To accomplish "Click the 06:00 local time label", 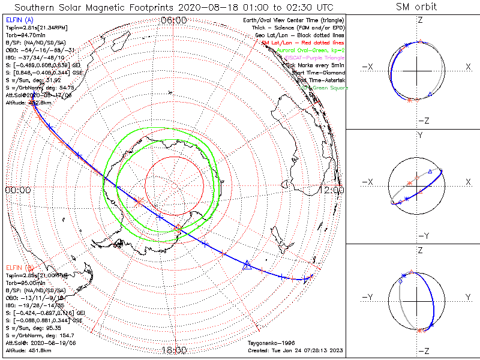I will pyautogui.click(x=174, y=20).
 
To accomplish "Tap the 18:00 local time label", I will pyautogui.click(x=174, y=350).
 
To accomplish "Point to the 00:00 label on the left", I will pyautogui.click(x=17, y=190).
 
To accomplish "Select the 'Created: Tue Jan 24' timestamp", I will pyautogui.click(x=295, y=350).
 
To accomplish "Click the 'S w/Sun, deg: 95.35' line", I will pyautogui.click(x=31, y=320).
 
